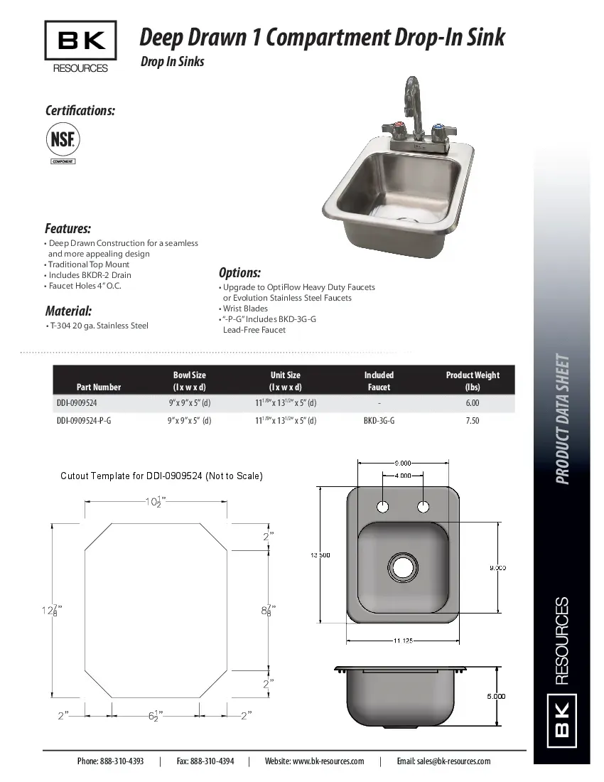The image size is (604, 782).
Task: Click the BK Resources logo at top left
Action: point(80,46)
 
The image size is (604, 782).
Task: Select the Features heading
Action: point(68,228)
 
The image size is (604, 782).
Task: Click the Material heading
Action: point(68,311)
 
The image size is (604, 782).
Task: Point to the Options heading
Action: point(239,272)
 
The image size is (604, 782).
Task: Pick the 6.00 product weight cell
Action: point(472,403)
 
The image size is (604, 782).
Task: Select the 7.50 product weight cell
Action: point(472,421)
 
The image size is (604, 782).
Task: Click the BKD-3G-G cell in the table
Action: point(379,421)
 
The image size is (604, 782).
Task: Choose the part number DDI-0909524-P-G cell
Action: point(84,421)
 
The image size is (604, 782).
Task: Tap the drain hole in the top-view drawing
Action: point(402,567)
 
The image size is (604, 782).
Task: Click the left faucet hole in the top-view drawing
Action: point(382,507)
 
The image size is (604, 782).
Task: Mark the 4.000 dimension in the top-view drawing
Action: point(403,476)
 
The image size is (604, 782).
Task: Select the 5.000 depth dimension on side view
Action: point(496,697)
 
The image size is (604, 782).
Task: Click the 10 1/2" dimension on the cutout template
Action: point(153,502)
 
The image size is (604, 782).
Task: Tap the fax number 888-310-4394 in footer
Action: point(205,761)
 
